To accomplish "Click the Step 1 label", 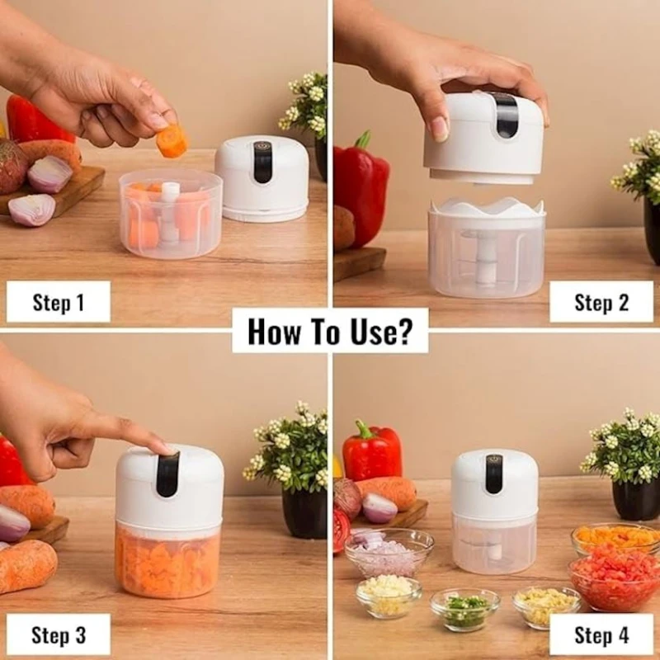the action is [x=58, y=302].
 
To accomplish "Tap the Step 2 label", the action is [x=601, y=302].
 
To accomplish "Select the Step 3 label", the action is [x=58, y=634].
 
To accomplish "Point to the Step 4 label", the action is [x=601, y=634].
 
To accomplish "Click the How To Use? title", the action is [x=330, y=332].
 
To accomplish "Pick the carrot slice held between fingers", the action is [x=172, y=140].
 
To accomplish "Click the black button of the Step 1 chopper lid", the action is [x=262, y=162].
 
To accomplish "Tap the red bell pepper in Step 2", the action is [x=361, y=189].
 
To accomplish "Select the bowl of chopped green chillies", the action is [x=464, y=609].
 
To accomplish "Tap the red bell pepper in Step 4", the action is [x=372, y=452].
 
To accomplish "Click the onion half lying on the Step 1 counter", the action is [x=32, y=210].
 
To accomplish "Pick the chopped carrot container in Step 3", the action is [x=168, y=561].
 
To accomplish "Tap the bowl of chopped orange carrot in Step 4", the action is [x=616, y=539].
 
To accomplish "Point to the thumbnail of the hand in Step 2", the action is [x=440, y=130].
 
